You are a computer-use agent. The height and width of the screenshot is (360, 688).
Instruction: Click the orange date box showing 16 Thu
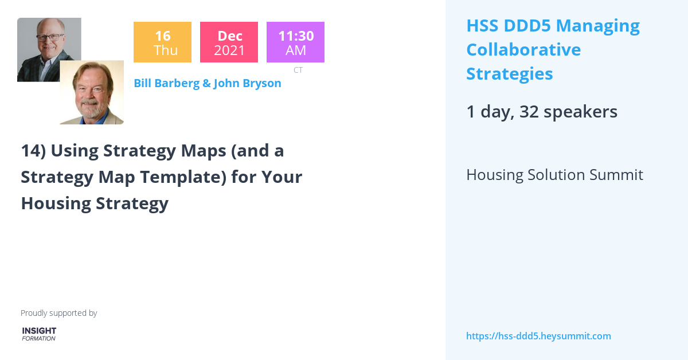162,42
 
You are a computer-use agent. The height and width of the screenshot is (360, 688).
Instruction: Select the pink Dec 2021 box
229,42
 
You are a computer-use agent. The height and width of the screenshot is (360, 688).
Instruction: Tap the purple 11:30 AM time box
295,42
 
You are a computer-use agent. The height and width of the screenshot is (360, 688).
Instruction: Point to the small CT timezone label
298,70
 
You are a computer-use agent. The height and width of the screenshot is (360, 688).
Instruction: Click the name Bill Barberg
166,83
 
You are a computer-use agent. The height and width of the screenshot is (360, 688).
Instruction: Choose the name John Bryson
247,83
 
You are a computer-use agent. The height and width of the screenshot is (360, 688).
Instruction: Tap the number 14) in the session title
33,151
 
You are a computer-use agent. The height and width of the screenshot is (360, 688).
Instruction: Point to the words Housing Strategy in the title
95,204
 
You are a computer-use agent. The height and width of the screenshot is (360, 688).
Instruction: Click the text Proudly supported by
58,313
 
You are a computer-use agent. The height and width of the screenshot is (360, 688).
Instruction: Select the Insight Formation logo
39,334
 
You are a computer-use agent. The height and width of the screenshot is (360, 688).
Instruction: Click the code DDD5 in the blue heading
529,26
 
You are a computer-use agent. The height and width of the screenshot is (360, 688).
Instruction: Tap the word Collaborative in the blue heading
523,50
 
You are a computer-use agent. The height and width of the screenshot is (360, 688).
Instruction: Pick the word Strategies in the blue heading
510,74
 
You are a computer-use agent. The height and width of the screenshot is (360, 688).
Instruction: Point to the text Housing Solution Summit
554,175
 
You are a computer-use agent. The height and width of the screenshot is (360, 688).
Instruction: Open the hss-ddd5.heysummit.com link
538,336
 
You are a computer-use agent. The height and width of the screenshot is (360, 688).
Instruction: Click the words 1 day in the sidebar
488,112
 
